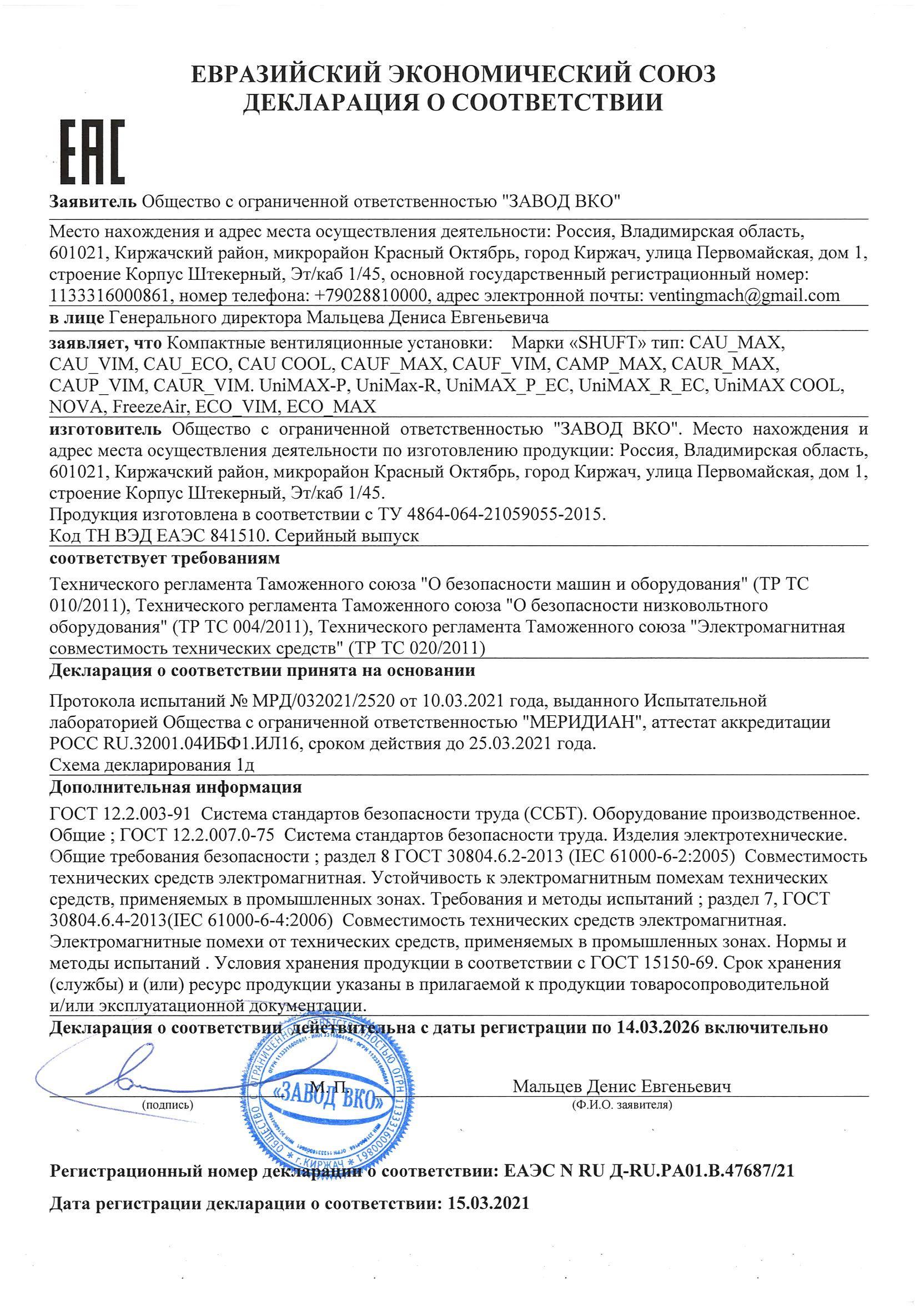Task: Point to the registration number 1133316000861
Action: click(109, 296)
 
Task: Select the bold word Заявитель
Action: click(93, 202)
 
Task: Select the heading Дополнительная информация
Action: click(175, 788)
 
